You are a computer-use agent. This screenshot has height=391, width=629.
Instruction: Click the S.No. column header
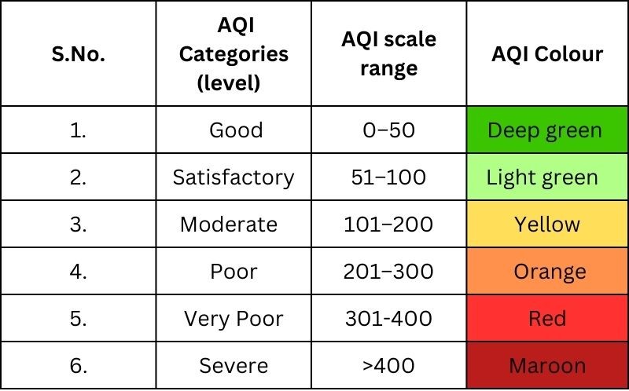[77, 55]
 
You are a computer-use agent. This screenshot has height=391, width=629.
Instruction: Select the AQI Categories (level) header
[234, 55]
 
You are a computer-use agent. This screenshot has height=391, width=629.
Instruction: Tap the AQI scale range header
[388, 53]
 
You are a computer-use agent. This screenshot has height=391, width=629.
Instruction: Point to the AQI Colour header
[547, 53]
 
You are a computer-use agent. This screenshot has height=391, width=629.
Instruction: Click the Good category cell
[236, 130]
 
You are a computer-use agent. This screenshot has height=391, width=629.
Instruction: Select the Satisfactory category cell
[234, 177]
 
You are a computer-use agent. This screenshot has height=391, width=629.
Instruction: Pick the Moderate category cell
[229, 225]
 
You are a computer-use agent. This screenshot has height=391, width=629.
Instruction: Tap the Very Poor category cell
[234, 319]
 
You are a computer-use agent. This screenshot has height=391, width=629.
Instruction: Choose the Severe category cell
[234, 366]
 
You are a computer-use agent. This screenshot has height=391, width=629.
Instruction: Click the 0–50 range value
[388, 130]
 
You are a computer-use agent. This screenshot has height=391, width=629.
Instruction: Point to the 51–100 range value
[388, 177]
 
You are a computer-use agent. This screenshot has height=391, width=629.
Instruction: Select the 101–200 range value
[388, 225]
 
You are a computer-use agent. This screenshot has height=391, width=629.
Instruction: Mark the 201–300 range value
[388, 272]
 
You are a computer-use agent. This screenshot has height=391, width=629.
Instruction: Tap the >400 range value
[388, 366]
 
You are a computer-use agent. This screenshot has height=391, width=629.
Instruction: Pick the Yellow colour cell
[547, 225]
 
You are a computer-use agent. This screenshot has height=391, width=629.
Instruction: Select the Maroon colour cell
[547, 366]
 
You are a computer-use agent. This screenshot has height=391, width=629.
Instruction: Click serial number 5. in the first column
[77, 319]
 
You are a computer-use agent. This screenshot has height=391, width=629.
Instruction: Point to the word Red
[547, 319]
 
